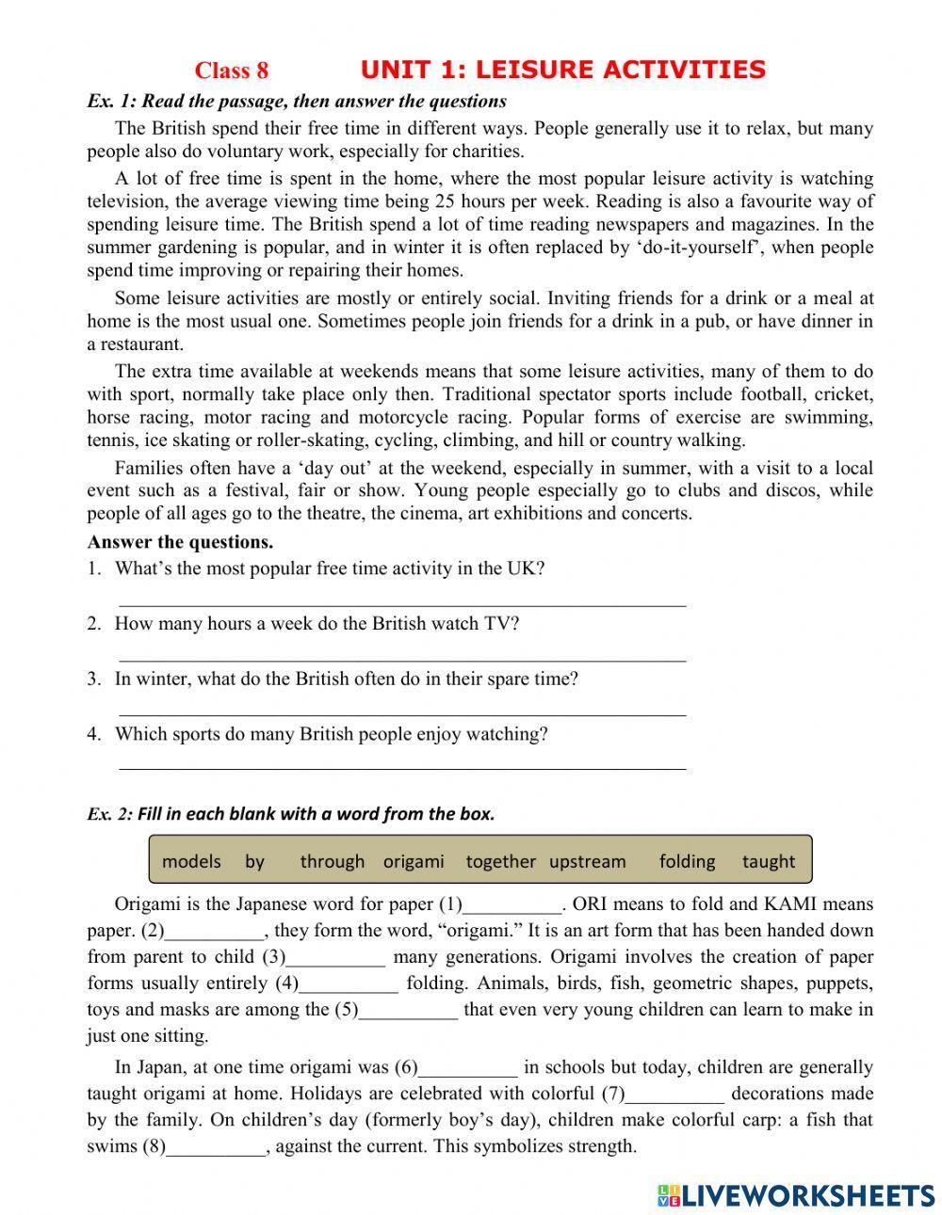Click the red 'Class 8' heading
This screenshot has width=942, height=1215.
(x=232, y=71)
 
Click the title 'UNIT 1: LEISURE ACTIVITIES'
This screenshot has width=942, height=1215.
(x=562, y=70)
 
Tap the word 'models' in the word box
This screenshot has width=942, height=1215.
(x=191, y=861)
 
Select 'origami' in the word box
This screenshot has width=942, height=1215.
(x=414, y=861)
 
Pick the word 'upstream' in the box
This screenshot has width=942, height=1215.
(x=587, y=861)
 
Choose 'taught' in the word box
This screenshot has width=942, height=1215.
(x=769, y=861)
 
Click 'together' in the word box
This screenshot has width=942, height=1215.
(x=500, y=861)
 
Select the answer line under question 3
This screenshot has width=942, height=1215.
(x=402, y=715)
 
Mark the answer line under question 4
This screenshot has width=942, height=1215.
(x=402, y=769)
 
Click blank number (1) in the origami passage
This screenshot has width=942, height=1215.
(x=512, y=906)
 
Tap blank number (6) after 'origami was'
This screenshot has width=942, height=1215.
(x=468, y=1069)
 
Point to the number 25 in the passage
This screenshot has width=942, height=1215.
(x=445, y=201)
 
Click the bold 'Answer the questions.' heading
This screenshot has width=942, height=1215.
(x=180, y=542)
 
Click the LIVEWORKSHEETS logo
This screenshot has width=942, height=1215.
(x=796, y=1194)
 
